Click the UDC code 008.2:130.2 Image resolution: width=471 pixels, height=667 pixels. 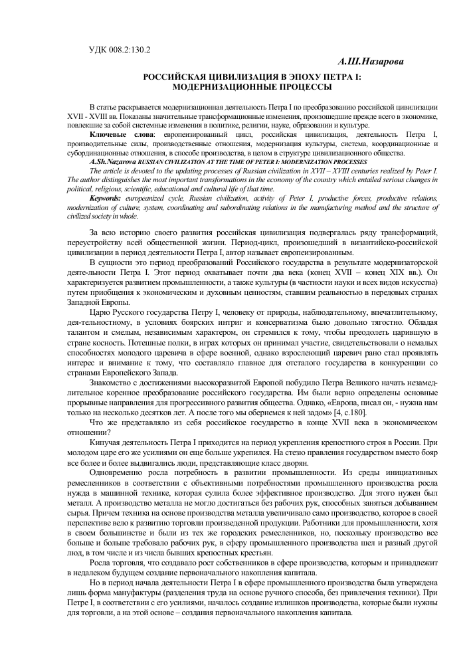coord(130,50)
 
